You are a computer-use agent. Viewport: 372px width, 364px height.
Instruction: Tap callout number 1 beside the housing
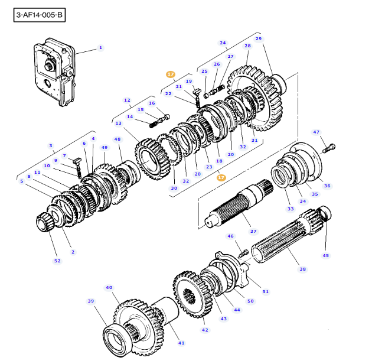point(100,47)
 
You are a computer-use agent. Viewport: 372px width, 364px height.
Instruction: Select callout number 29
point(258,39)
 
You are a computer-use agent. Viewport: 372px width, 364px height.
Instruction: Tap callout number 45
point(325,255)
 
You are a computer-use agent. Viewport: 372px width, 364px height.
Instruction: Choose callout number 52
point(57,261)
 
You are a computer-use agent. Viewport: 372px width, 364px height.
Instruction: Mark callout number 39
point(90,301)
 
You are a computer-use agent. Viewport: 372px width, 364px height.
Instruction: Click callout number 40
point(109,288)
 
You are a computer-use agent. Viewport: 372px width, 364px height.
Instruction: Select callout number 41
point(181,343)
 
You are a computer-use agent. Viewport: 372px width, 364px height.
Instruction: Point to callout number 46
point(230,236)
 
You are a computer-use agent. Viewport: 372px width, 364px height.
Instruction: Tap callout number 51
point(266,291)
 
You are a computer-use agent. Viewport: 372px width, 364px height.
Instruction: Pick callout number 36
point(327,186)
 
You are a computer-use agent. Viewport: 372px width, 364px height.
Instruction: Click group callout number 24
point(223,43)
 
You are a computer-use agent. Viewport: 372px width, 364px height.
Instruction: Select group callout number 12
point(127,100)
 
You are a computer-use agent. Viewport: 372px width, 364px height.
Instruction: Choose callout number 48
point(118,139)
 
